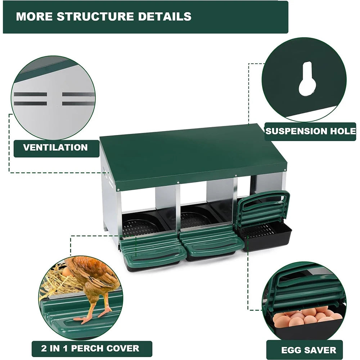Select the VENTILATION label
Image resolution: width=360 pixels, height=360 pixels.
click(55, 148)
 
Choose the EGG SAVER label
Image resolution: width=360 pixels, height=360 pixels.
click(309, 350)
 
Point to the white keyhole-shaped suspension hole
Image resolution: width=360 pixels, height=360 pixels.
click(307, 80)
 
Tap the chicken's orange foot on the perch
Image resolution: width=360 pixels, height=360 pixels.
click(85, 318)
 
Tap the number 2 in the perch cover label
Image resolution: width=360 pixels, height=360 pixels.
click(44, 348)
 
